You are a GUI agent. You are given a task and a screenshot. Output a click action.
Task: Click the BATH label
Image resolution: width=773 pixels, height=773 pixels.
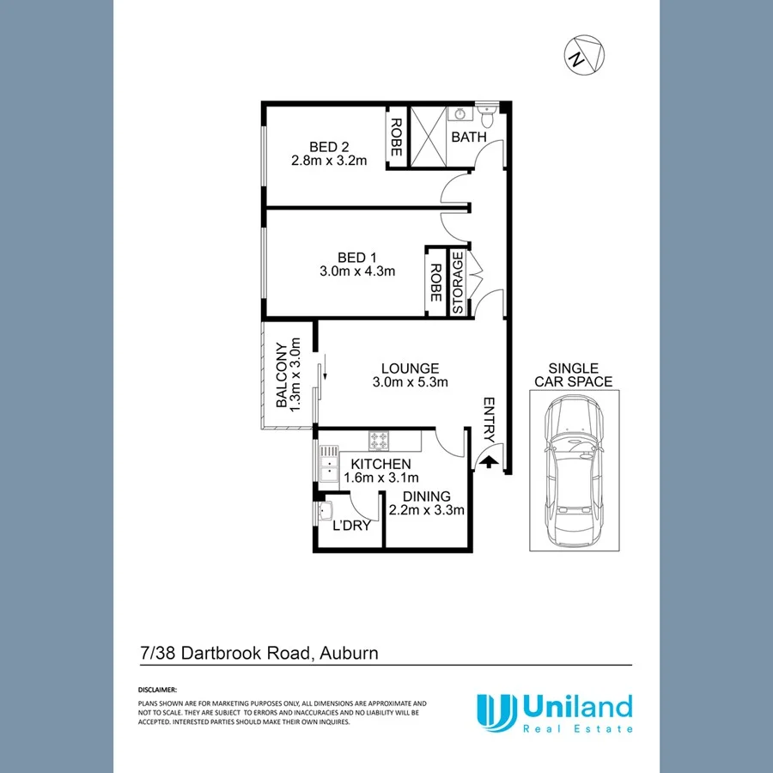(469, 137)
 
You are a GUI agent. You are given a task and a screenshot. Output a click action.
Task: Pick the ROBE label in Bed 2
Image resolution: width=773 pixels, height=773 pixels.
(396, 137)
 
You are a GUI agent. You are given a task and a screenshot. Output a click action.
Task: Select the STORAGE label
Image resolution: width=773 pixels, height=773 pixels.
(458, 283)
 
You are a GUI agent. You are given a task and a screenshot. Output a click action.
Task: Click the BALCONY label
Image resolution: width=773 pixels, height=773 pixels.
(281, 376)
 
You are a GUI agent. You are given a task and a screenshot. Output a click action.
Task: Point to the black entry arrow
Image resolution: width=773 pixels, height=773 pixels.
(487, 462)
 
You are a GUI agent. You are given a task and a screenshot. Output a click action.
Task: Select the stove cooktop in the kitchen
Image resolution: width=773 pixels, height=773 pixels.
(380, 441)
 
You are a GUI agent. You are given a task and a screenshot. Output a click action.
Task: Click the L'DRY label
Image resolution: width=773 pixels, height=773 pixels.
(351, 525)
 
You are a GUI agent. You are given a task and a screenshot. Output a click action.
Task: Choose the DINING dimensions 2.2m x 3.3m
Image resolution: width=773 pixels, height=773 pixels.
(427, 510)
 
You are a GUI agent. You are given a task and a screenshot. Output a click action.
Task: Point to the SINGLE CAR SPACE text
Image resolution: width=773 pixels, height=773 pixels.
(574, 374)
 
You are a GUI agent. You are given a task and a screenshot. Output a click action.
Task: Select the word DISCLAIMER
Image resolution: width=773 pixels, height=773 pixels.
(157, 690)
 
